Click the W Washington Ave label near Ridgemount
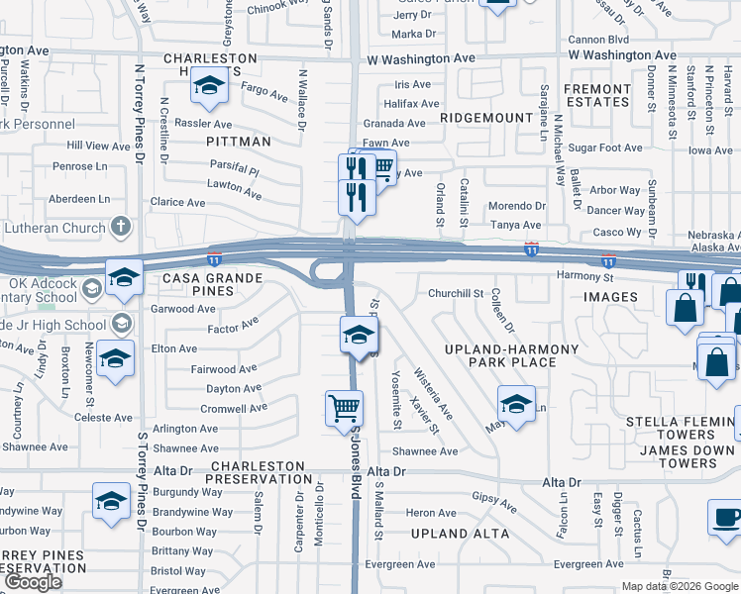(420, 58)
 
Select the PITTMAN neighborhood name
(239, 142)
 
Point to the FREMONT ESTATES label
(597, 95)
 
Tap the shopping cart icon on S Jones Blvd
(344, 407)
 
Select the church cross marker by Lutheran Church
(122, 227)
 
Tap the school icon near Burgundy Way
(111, 500)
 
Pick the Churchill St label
(455, 294)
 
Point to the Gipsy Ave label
(494, 503)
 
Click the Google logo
(33, 581)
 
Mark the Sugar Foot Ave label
(605, 148)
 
